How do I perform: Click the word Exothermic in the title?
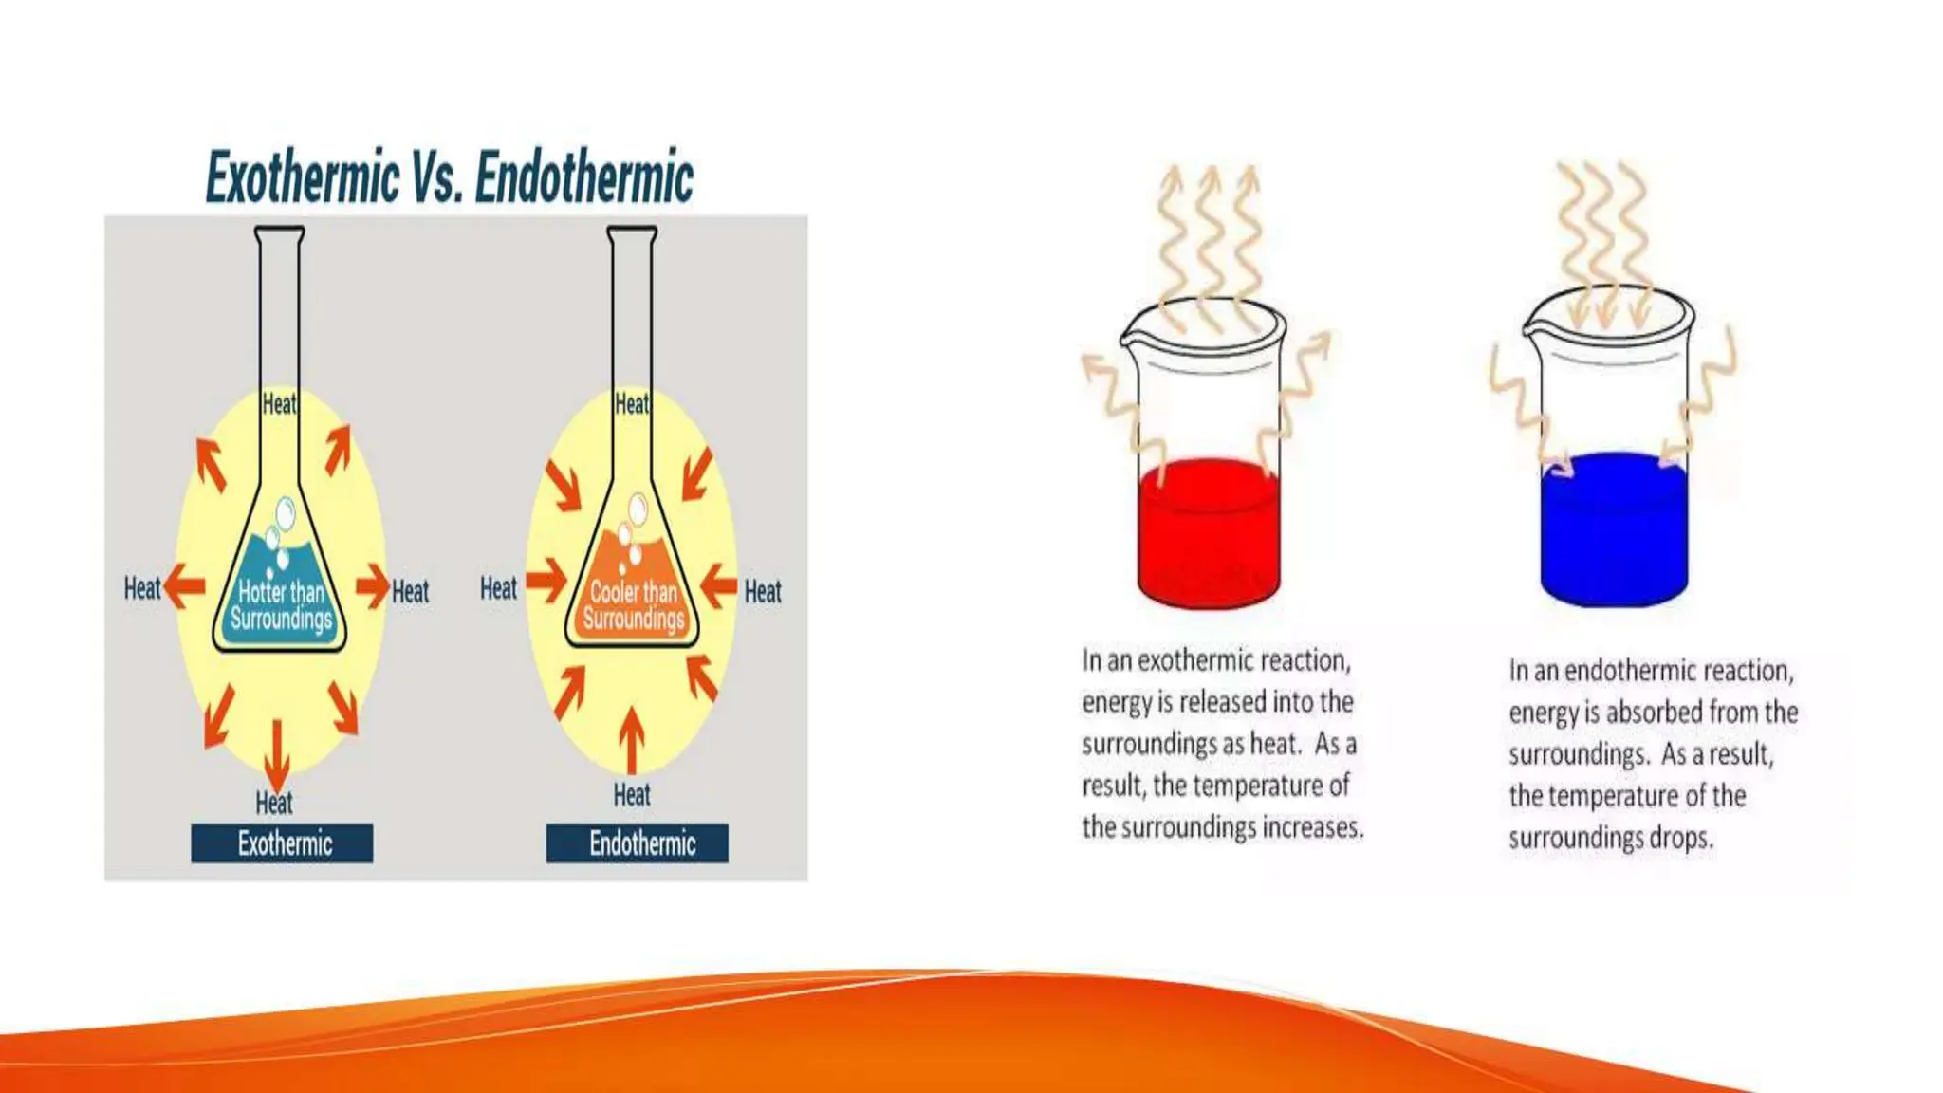coord(302,177)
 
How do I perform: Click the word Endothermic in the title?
coord(583,177)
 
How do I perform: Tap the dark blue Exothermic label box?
coord(282,843)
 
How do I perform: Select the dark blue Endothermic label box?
coord(637,843)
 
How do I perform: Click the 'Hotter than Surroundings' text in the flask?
coord(281,605)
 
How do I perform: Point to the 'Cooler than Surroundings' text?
coord(634,605)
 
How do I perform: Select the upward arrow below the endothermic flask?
coord(631,740)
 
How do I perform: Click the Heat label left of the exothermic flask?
coord(142,588)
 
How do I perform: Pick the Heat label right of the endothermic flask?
coord(763,592)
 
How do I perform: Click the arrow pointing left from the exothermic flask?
coord(185,586)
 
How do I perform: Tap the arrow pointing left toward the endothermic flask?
coord(718,584)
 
